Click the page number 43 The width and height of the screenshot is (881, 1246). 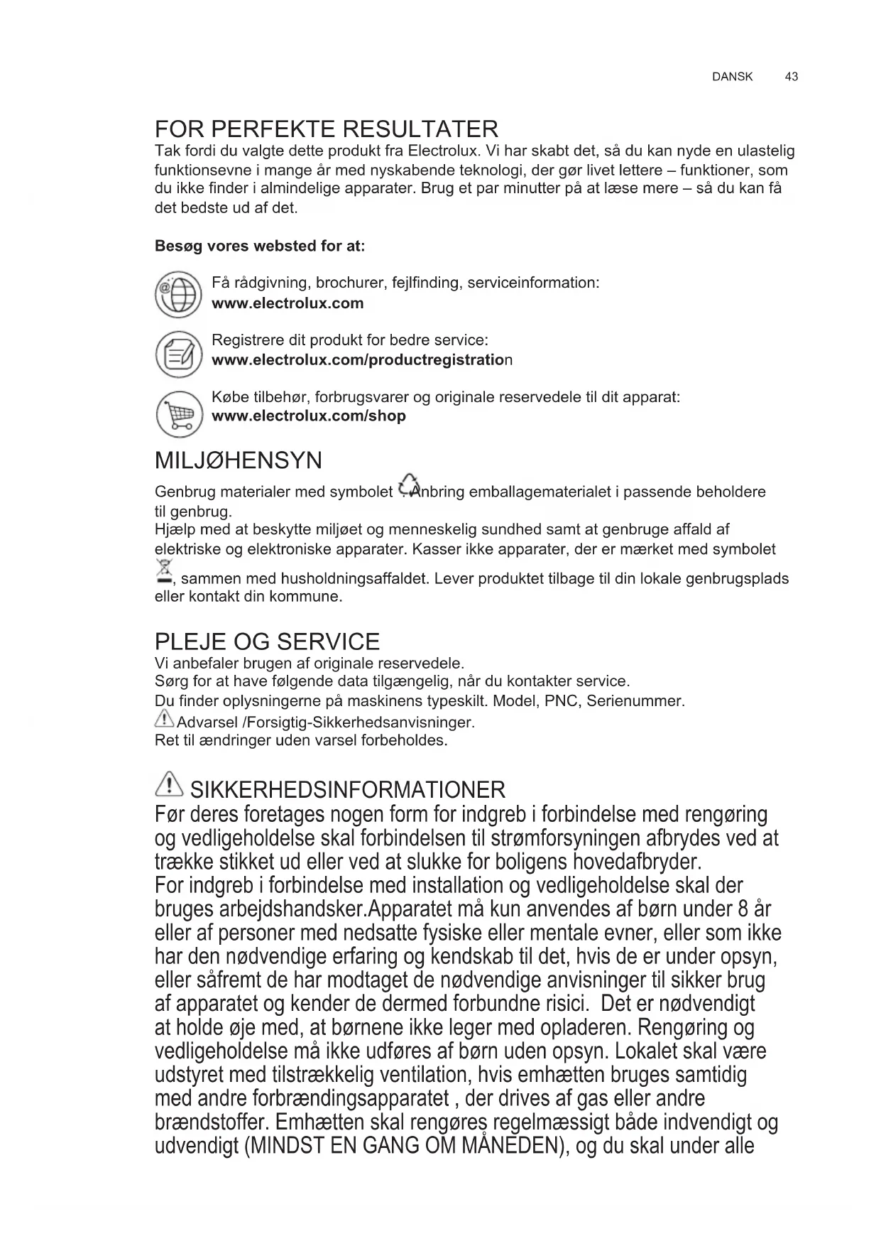pyautogui.click(x=792, y=77)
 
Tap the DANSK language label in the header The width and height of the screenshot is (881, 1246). pyautogui.click(x=732, y=77)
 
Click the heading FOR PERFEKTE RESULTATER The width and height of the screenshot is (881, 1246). pyautogui.click(x=327, y=129)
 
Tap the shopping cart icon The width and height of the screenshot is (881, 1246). pyautogui.click(x=179, y=413)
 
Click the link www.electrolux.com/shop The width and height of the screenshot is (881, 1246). pyautogui.click(x=309, y=416)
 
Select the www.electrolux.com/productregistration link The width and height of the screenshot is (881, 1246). pyautogui.click(x=362, y=360)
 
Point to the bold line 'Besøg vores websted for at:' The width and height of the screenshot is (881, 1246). pyautogui.click(x=260, y=247)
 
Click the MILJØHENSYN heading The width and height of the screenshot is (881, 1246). pyautogui.click(x=239, y=460)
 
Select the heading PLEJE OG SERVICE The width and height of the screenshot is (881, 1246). pyautogui.click(x=267, y=641)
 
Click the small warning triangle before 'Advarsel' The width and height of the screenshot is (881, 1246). pyautogui.click(x=165, y=721)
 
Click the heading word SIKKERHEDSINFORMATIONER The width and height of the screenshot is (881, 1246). pyautogui.click(x=348, y=789)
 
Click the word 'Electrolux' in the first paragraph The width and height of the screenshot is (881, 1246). pyautogui.click(x=445, y=151)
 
